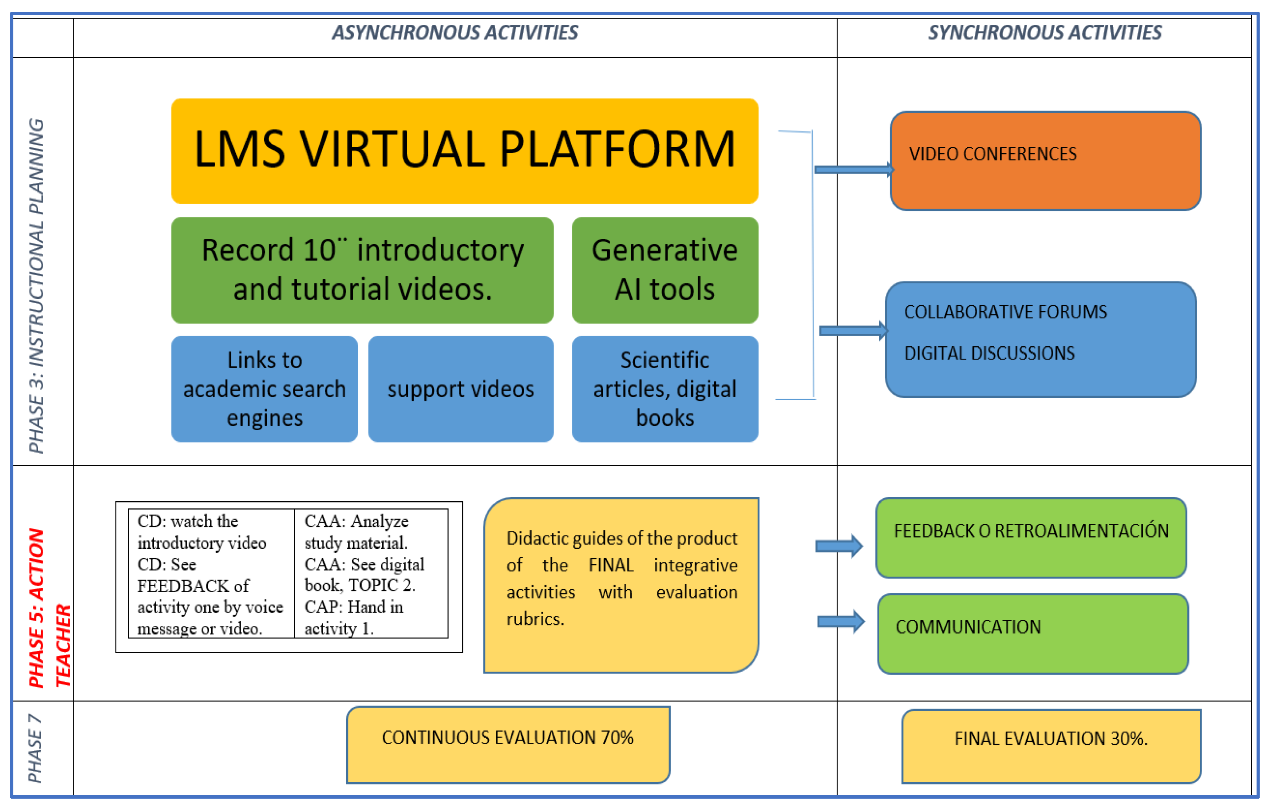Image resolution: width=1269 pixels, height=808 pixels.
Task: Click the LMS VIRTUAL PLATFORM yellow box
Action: pos(464,151)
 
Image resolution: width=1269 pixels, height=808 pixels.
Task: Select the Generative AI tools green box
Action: pos(664,270)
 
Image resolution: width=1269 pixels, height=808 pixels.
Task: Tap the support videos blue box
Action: pos(461,389)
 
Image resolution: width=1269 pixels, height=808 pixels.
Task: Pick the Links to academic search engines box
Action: pos(264,389)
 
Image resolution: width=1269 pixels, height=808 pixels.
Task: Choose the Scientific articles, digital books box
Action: pos(664,389)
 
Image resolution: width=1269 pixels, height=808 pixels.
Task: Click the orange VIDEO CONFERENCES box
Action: pos(1045,161)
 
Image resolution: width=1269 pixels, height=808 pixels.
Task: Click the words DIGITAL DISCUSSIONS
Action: pos(989,353)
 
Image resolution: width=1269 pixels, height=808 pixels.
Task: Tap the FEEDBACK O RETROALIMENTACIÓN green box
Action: pos(1031,538)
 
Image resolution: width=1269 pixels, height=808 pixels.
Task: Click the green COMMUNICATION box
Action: pos(1033,634)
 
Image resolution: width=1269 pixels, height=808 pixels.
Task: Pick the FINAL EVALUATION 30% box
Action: pos(1051,746)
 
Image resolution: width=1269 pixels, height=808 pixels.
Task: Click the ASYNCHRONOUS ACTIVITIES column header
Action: pos(455,33)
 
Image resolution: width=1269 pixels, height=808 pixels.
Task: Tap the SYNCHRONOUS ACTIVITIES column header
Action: pos(1044,33)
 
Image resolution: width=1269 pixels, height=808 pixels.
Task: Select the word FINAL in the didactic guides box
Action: pos(610,565)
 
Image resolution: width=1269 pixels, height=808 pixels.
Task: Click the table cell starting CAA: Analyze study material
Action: pos(371,573)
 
